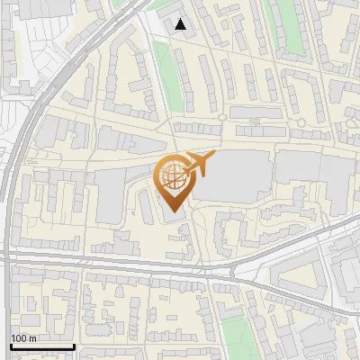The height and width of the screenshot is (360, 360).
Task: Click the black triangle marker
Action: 181,24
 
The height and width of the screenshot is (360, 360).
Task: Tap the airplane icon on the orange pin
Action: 197,164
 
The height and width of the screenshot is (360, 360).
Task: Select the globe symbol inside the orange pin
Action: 172,174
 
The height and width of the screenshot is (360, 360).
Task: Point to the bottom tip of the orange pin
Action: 172,212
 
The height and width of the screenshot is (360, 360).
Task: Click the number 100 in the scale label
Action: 20,338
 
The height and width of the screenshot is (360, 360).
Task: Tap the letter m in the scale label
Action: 32,338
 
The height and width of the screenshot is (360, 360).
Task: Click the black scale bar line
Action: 41,346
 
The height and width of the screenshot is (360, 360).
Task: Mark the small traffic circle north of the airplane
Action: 221,117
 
